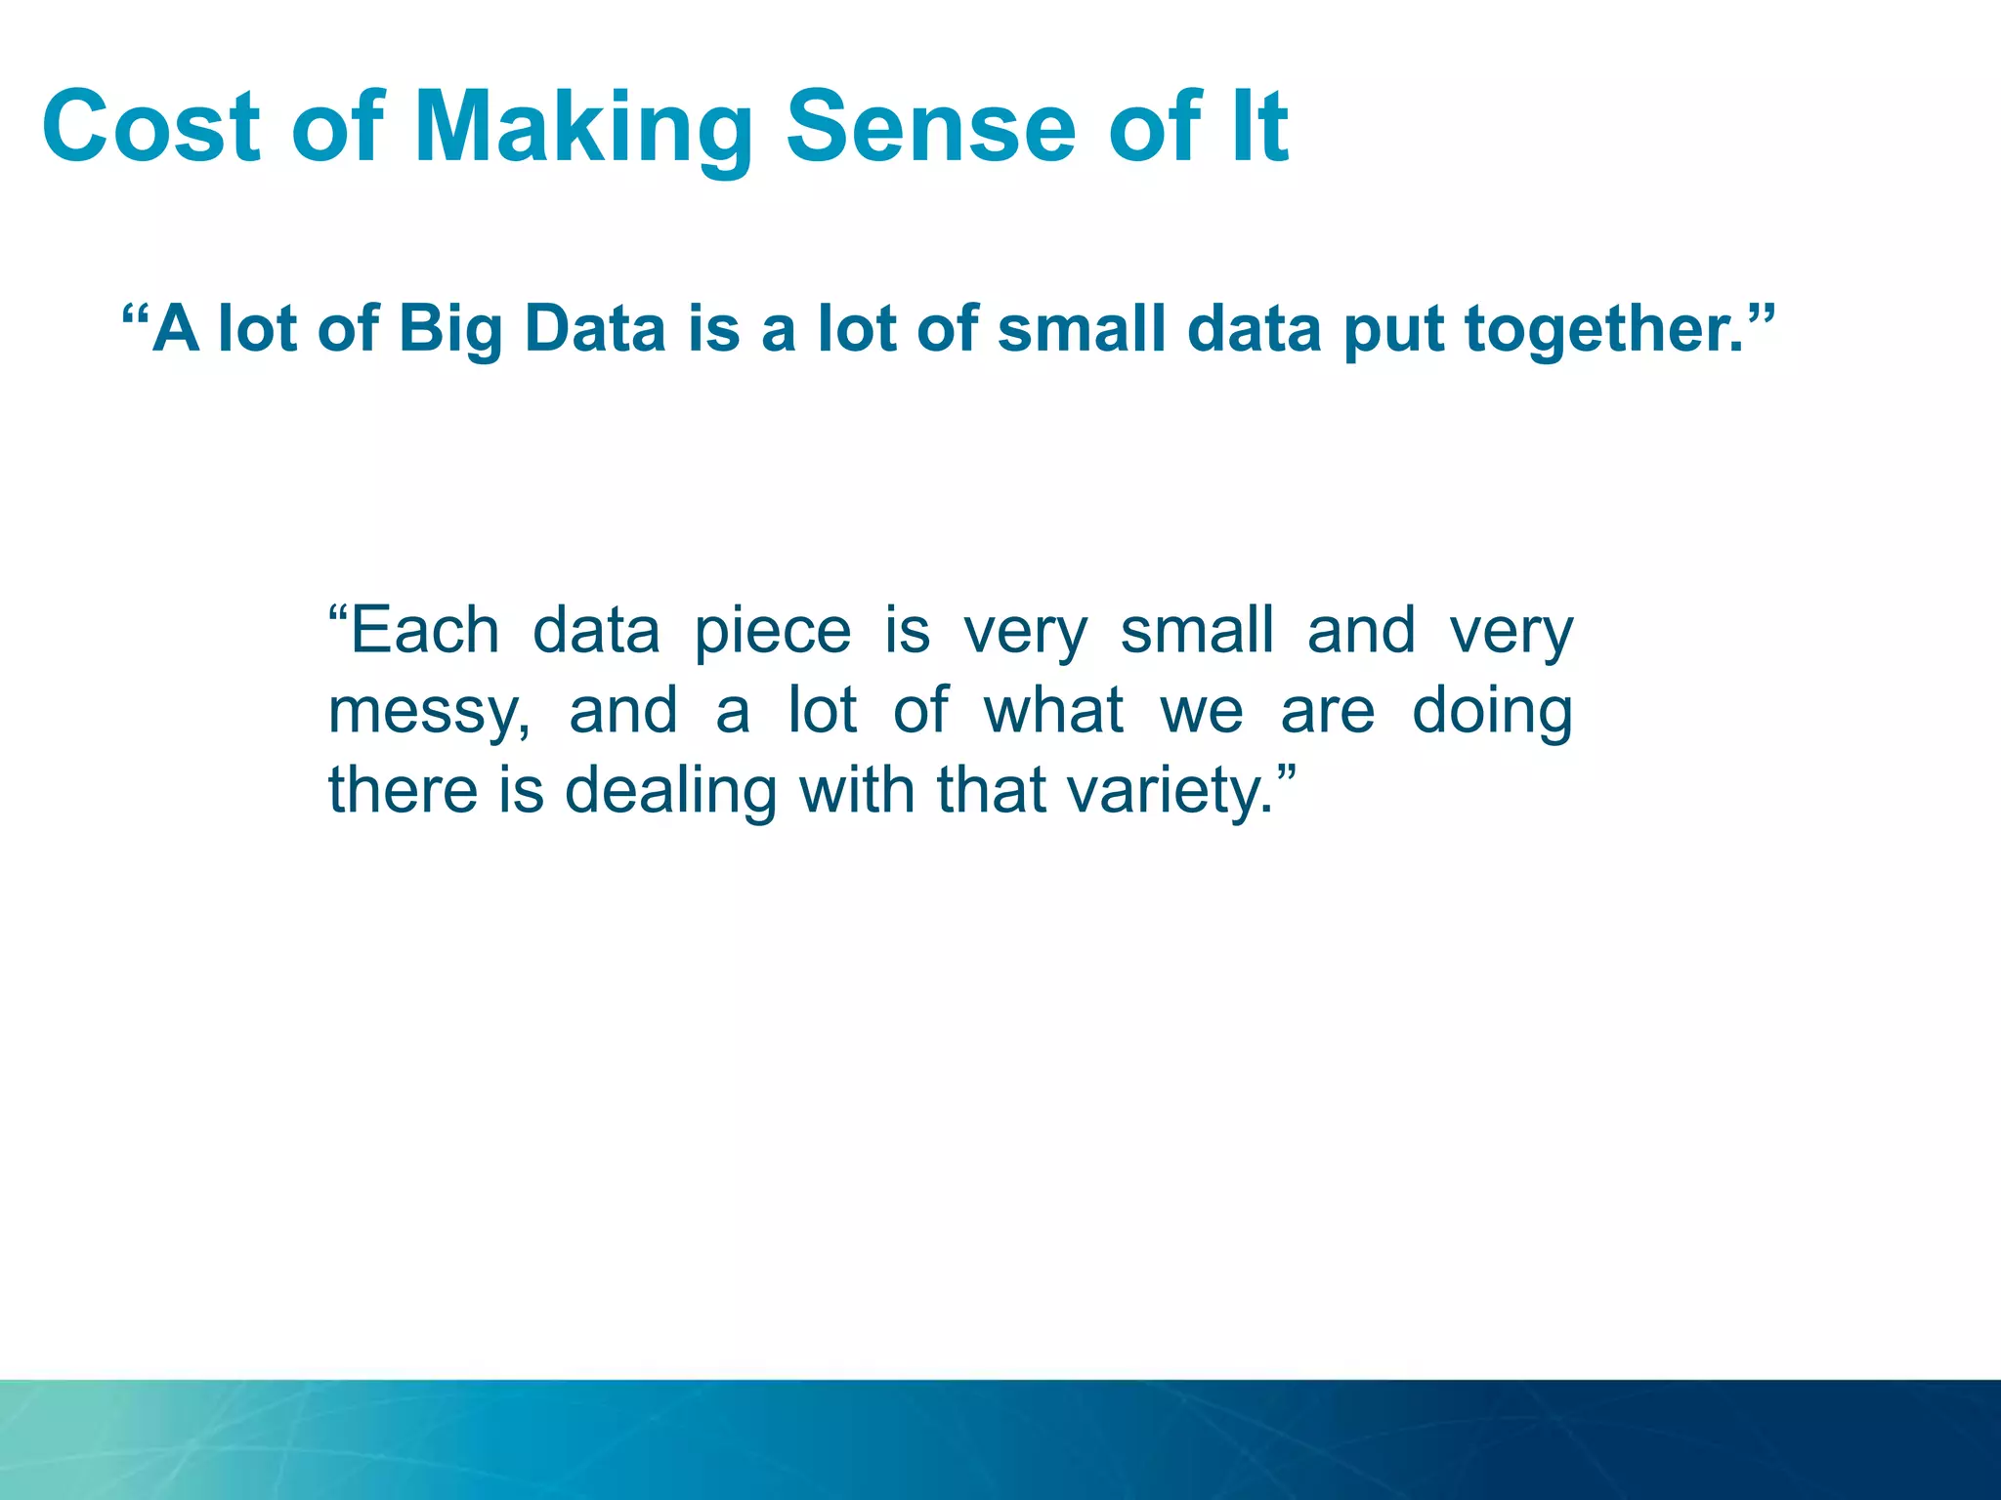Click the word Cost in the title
click(x=151, y=127)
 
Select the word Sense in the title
click(x=930, y=127)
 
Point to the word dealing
click(x=670, y=791)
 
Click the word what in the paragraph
click(x=1053, y=710)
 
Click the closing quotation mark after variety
click(x=1288, y=775)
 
